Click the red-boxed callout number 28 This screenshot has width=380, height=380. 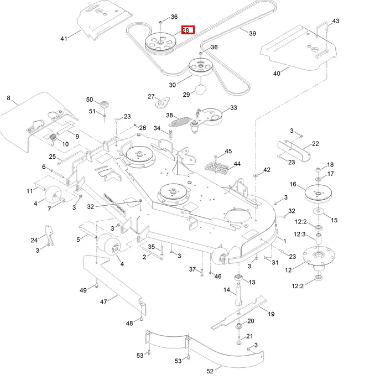coord(188,30)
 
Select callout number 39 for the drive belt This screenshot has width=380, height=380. coord(252,34)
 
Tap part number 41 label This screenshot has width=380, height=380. coord(64,38)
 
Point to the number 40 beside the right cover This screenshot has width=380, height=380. coord(277,73)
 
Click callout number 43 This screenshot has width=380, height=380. coord(336,21)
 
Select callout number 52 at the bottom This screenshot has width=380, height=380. coord(210,371)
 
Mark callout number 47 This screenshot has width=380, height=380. coord(103,302)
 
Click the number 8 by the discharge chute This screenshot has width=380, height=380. coord(8,98)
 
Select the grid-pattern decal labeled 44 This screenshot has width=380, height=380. coord(214,165)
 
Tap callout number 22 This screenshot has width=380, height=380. coord(315,143)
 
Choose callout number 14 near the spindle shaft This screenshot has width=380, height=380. coord(226,290)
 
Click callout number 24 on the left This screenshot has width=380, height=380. coord(34,240)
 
